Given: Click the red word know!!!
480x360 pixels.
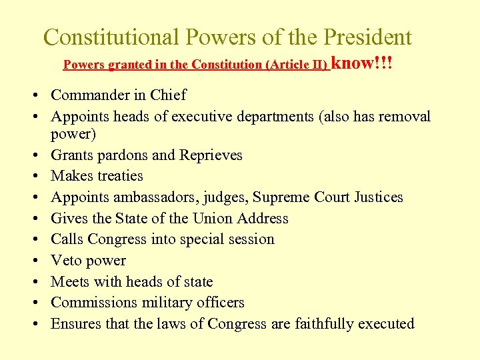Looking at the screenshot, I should [362, 63].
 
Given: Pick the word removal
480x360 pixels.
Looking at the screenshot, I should [403, 117].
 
